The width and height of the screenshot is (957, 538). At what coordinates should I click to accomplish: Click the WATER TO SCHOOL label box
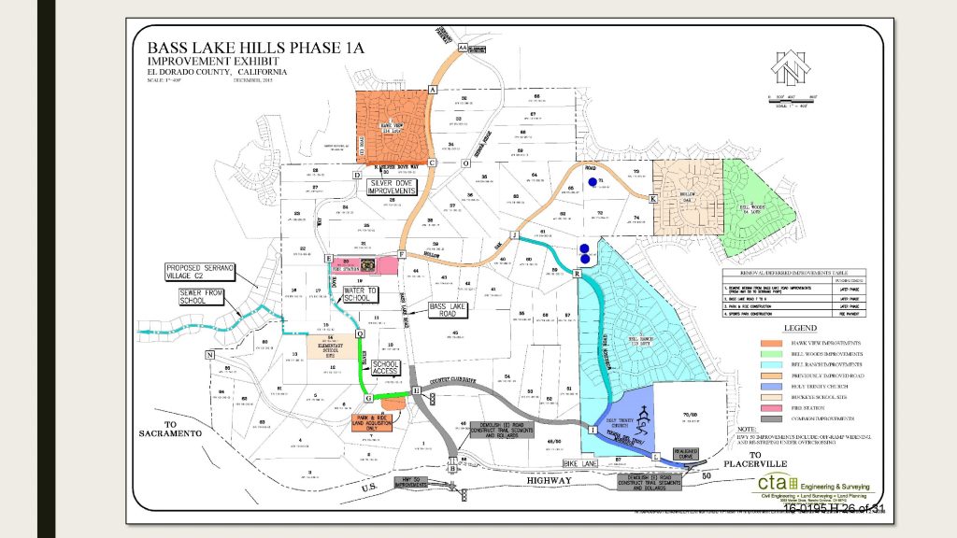(361, 296)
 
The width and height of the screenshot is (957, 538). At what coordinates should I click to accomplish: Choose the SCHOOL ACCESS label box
(386, 367)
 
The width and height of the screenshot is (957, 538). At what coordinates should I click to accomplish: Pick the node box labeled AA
(463, 46)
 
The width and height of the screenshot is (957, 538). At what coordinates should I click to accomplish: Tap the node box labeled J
(513, 234)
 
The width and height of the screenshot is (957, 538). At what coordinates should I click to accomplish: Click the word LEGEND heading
(800, 329)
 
